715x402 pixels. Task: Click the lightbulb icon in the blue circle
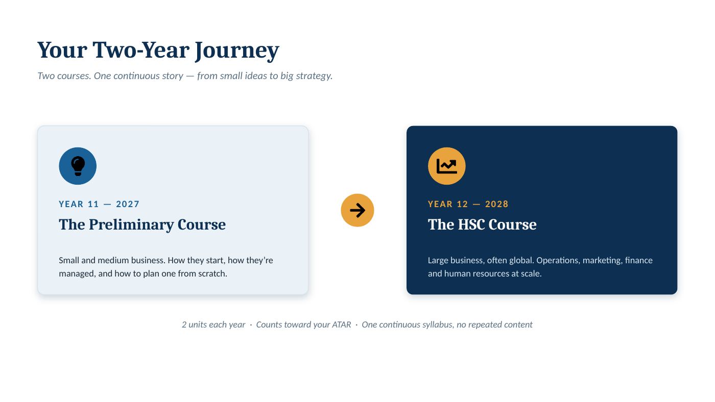tap(78, 166)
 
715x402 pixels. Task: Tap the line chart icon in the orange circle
tap(446, 166)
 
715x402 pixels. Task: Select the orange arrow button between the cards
tap(357, 210)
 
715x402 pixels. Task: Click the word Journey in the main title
tap(237, 51)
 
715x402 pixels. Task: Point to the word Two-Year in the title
tap(141, 50)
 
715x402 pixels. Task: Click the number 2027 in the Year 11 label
tap(128, 204)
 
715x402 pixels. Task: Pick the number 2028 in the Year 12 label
tap(496, 204)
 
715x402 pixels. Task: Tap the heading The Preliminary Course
tap(142, 225)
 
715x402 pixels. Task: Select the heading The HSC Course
tap(482, 224)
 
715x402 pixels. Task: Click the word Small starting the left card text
tap(68, 260)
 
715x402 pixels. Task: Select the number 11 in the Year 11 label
tap(93, 204)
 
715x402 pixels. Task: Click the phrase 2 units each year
tap(213, 325)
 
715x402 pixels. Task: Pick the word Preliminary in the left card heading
tap(131, 225)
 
